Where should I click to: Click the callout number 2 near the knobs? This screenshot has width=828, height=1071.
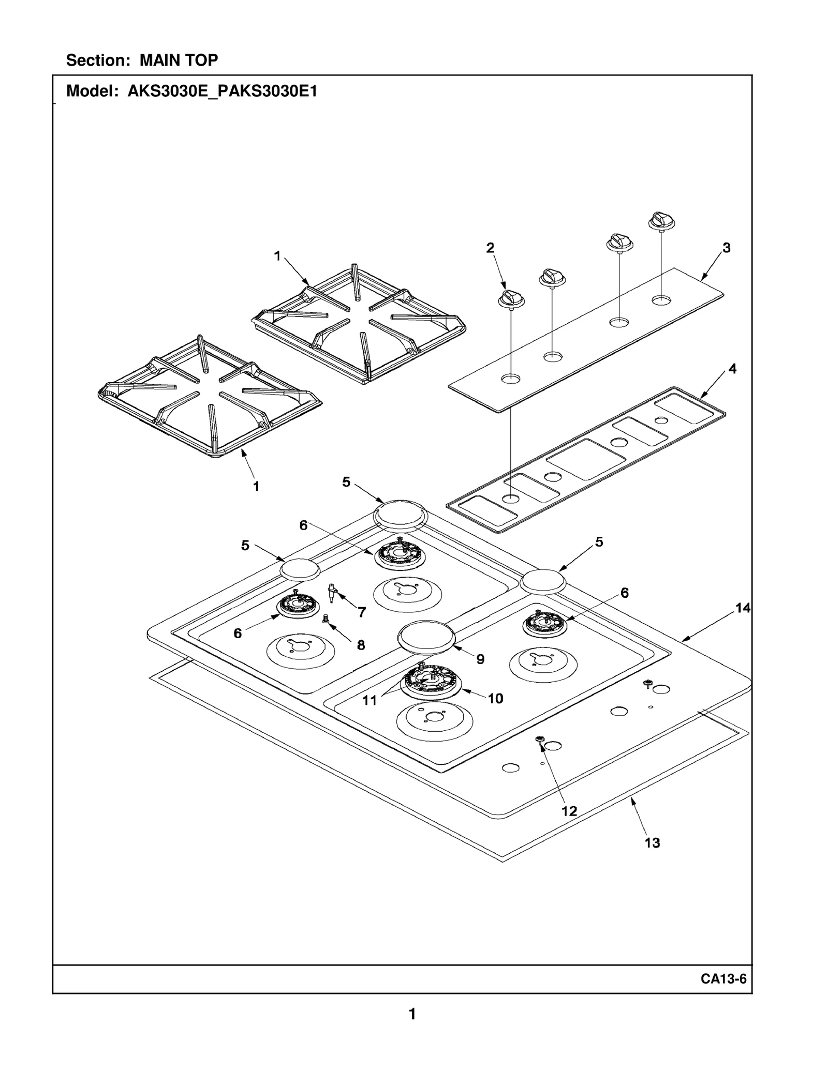click(490, 248)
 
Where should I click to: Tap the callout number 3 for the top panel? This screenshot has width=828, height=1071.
click(727, 248)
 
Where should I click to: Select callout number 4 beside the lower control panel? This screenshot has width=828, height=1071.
click(732, 369)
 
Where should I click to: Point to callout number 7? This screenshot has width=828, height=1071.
click(362, 612)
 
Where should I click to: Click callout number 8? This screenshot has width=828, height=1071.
click(361, 645)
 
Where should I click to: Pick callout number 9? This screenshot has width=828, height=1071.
click(480, 659)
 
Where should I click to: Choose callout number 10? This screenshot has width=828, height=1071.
click(495, 699)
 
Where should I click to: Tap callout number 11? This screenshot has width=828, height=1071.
click(369, 701)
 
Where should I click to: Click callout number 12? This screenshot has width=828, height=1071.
click(569, 811)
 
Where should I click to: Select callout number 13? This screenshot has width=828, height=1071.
click(652, 843)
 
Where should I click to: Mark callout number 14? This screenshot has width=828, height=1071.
click(743, 608)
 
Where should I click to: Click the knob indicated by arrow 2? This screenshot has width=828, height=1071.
click(511, 299)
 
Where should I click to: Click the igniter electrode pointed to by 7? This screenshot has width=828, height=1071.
click(332, 593)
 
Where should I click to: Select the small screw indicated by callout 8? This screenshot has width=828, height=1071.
click(326, 619)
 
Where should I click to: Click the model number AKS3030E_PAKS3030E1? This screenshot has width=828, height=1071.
click(223, 92)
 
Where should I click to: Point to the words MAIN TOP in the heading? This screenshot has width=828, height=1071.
click(179, 61)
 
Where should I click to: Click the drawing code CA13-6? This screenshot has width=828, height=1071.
click(723, 979)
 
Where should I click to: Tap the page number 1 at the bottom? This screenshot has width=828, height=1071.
click(412, 1014)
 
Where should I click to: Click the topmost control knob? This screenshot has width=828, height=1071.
click(661, 221)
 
